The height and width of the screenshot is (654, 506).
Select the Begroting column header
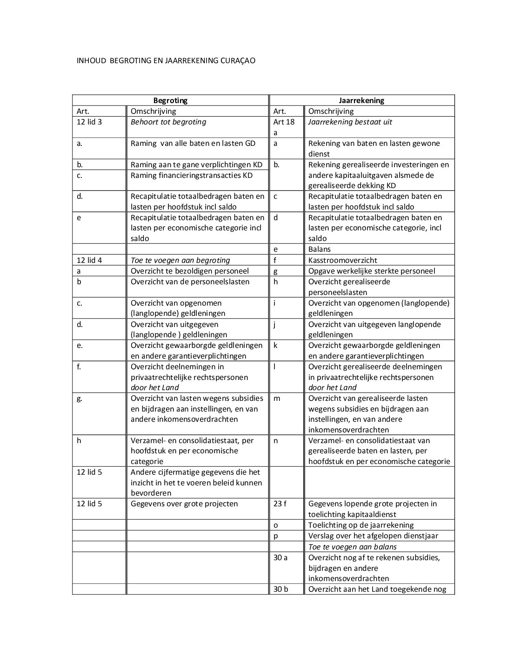pyautogui.click(x=170, y=100)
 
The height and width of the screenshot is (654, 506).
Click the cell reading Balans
pyautogui.click(x=320, y=249)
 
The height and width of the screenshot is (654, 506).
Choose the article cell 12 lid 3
pyautogui.click(x=89, y=122)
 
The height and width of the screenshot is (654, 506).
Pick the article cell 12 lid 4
pyautogui.click(x=89, y=260)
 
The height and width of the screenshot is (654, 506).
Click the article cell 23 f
pyautogui.click(x=280, y=504)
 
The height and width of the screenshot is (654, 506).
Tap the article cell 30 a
pyautogui.click(x=280, y=557)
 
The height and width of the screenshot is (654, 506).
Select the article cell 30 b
pyautogui.click(x=280, y=589)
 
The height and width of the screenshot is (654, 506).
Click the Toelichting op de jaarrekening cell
pyautogui.click(x=360, y=525)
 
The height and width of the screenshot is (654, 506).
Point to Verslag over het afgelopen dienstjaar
pyautogui.click(x=373, y=536)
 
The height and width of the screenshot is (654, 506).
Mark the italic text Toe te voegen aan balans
pyautogui.click(x=352, y=547)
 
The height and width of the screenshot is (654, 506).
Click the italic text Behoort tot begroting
pyautogui.click(x=168, y=122)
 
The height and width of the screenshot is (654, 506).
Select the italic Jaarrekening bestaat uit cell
pyautogui.click(x=350, y=122)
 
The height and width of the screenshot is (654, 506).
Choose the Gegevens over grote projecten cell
pyautogui.click(x=184, y=504)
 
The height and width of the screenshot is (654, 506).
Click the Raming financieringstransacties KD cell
pyautogui.click(x=191, y=176)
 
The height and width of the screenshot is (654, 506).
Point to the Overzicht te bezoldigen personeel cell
pyautogui.click(x=189, y=271)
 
